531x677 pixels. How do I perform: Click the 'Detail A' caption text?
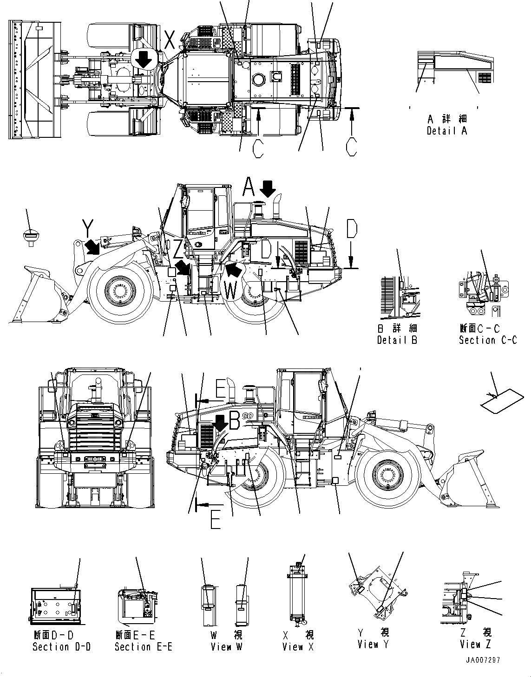point(446,131)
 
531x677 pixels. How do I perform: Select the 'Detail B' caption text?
point(397,340)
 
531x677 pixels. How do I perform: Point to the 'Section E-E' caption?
point(143,646)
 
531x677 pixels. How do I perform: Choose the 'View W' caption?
point(226,646)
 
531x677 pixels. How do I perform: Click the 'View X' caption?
point(298,646)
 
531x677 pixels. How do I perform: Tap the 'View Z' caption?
point(475,644)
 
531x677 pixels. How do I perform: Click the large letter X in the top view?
point(170,42)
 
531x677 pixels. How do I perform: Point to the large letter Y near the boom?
point(87,228)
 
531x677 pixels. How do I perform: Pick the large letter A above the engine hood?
point(249,188)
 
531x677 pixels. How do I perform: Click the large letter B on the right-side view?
point(234,420)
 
